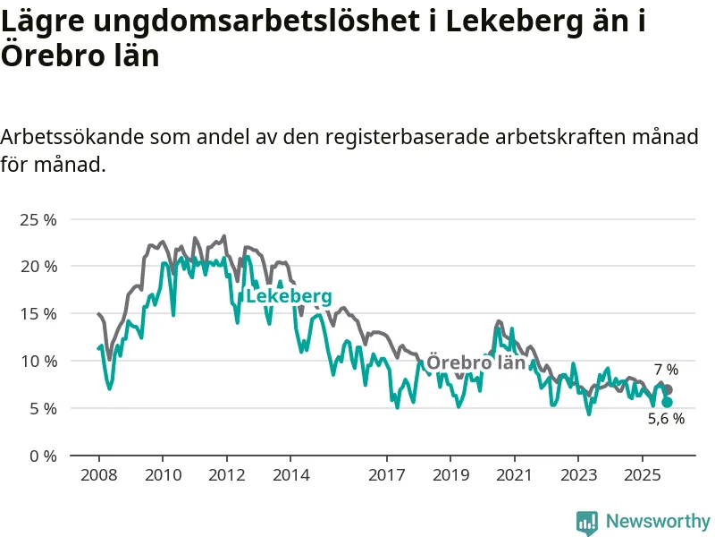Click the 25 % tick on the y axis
pyautogui.click(x=38, y=219)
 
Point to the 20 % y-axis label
pyautogui.click(x=38, y=267)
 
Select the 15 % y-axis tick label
pyautogui.click(x=38, y=314)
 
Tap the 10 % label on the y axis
pyautogui.click(x=38, y=362)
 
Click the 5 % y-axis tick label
pyautogui.click(x=42, y=408)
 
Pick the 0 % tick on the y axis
pyautogui.click(x=42, y=456)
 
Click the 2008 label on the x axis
pyautogui.click(x=97, y=474)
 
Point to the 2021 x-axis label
pyautogui.click(x=514, y=474)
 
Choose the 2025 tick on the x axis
pyautogui.click(x=642, y=474)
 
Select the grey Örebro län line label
pyautogui.click(x=475, y=362)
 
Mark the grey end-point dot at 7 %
pyautogui.click(x=668, y=390)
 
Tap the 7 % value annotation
pyautogui.click(x=666, y=370)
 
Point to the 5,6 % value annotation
pyautogui.click(x=666, y=419)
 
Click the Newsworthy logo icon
pyautogui.click(x=587, y=522)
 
